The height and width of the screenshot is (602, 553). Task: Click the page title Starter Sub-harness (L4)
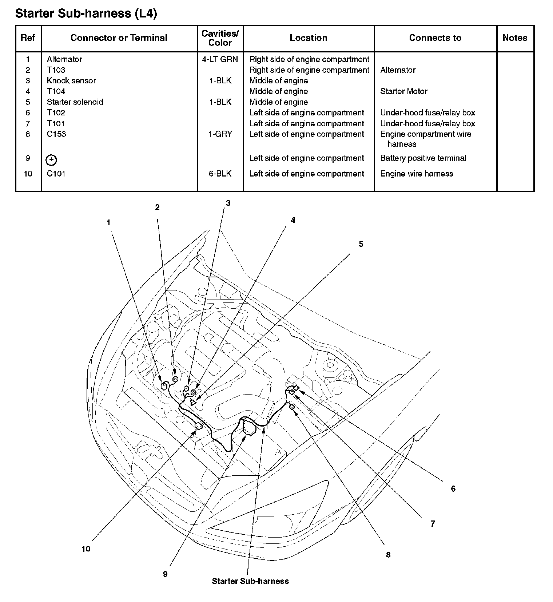[x=86, y=13]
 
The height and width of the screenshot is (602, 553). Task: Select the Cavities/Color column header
[x=220, y=38]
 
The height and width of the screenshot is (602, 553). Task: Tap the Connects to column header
[x=435, y=38]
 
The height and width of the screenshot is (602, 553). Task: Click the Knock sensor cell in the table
[x=71, y=80]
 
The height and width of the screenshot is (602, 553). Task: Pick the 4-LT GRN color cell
[x=220, y=59]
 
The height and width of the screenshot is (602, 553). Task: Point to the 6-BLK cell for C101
[x=220, y=174]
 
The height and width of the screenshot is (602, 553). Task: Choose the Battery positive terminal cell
[x=423, y=158]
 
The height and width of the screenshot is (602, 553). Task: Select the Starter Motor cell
[x=403, y=91]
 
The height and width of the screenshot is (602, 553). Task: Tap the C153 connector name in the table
[x=56, y=134]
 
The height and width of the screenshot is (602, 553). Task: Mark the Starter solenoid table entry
[x=75, y=102]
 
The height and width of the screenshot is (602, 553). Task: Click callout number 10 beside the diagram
[x=86, y=549]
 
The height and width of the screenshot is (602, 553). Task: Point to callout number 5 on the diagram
[x=361, y=244]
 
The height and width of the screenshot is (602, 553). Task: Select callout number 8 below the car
[x=388, y=555]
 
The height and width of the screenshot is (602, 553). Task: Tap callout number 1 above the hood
[x=108, y=223]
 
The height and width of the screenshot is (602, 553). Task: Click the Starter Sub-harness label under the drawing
[x=250, y=581]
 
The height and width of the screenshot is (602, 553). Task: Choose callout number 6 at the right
[x=453, y=488]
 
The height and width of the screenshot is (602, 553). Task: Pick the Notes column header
[x=515, y=38]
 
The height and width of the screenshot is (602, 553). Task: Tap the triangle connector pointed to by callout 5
[x=193, y=402]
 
